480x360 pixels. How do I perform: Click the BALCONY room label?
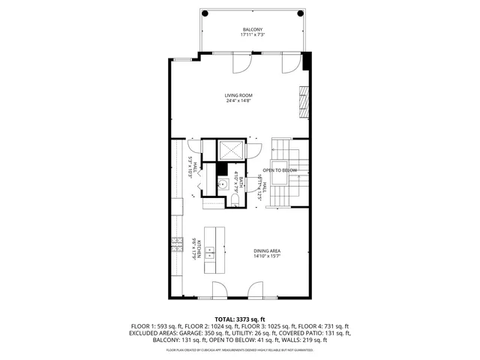252,29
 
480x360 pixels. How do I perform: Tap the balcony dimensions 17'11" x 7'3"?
252,35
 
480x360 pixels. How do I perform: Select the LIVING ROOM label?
238,95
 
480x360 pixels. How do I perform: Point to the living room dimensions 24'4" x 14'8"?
238,101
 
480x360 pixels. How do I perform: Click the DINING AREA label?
268,251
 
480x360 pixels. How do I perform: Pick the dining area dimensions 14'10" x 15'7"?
268,257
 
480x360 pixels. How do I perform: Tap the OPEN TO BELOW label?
280,171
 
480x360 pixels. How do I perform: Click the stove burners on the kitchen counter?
177,241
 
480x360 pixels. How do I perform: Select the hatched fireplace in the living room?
304,103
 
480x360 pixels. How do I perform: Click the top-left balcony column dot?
203,13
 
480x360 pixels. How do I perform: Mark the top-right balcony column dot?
301,13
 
